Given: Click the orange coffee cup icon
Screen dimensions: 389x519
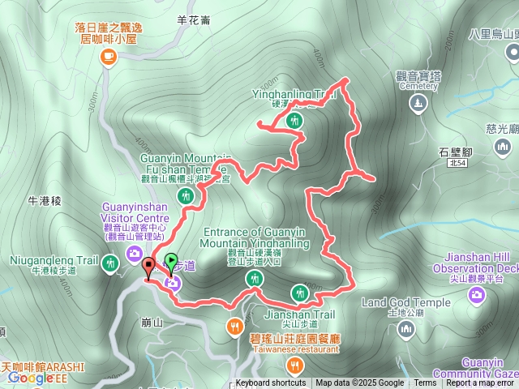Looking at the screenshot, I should pos(108,56).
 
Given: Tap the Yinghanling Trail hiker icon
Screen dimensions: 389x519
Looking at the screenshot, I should pos(295,121).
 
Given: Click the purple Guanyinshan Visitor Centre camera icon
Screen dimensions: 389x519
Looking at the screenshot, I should pos(133,255).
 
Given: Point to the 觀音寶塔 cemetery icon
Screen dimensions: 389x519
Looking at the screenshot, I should pos(418,103).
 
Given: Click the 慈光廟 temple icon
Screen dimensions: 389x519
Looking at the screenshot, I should pos(504,148).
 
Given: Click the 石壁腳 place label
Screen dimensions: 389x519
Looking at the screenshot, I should pos(454,152).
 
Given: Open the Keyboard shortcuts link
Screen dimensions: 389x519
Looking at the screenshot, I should pos(271,383).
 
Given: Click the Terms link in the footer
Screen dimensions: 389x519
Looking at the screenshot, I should pos(425,383).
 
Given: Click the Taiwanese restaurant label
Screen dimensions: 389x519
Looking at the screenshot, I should pos(294,349).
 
